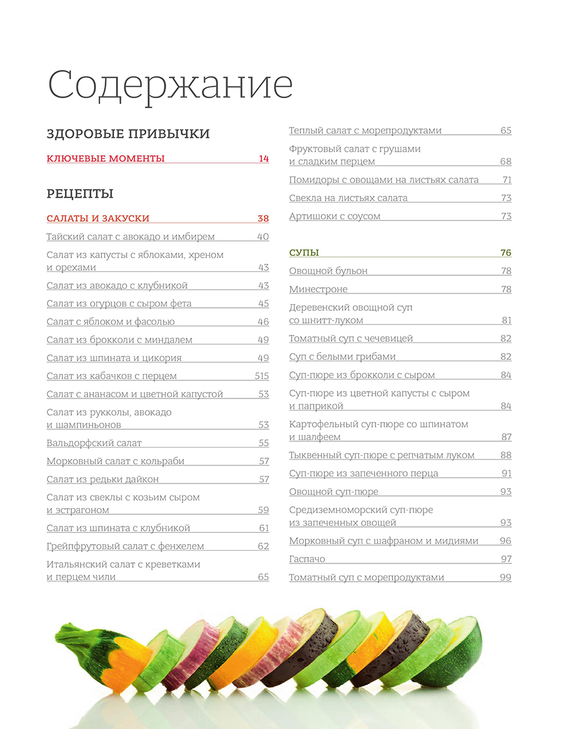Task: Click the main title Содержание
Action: click(x=170, y=86)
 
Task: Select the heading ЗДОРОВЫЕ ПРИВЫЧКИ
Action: click(x=128, y=133)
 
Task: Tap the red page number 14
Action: click(x=263, y=159)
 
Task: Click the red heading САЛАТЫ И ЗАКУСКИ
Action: click(x=98, y=218)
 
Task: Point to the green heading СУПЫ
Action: click(x=304, y=252)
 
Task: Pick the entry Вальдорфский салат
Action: click(x=94, y=443)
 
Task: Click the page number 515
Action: click(x=261, y=376)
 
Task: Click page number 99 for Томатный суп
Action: click(x=505, y=577)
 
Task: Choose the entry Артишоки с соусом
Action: click(x=335, y=216)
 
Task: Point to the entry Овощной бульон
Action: click(x=328, y=271)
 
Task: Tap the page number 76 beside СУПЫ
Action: click(x=505, y=252)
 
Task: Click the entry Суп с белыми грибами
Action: click(x=342, y=356)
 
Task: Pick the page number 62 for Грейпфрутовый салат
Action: click(x=263, y=546)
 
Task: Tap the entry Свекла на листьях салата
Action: click(x=348, y=198)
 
